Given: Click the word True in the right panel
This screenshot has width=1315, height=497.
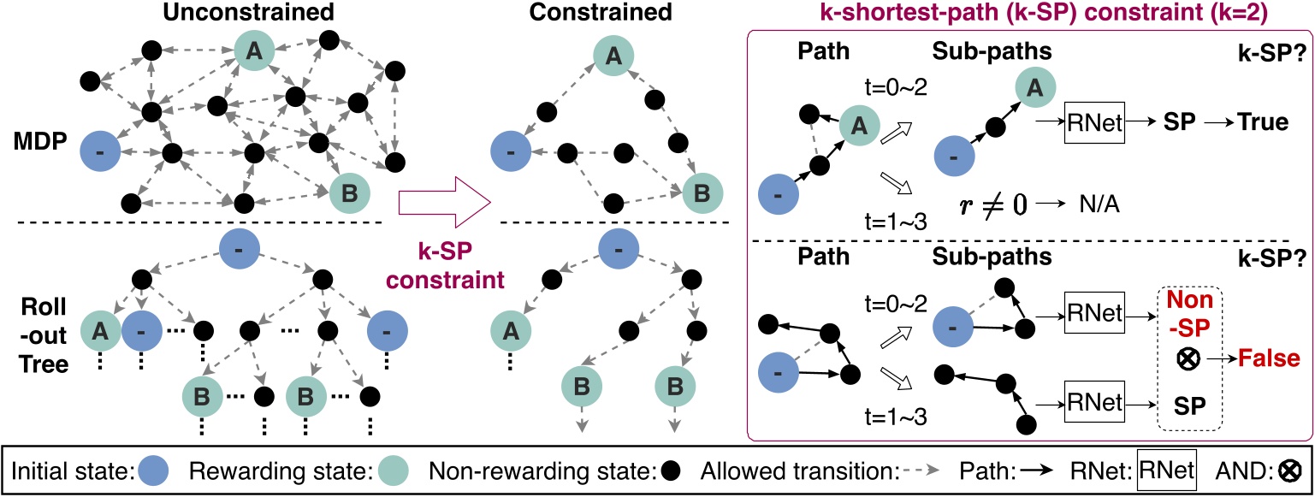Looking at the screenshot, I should pyautogui.click(x=1263, y=122).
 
